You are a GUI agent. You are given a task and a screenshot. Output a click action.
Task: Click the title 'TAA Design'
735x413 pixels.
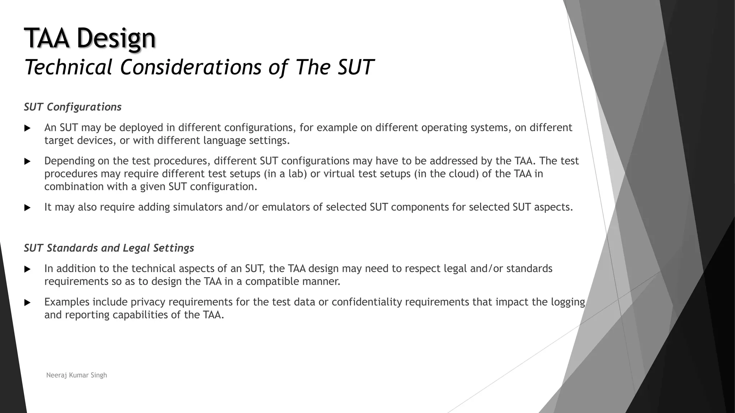[x=90, y=38]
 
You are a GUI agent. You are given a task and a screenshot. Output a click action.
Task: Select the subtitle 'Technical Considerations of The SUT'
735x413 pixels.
[x=199, y=67]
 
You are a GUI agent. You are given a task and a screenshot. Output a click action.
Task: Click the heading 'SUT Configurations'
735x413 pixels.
[x=72, y=107]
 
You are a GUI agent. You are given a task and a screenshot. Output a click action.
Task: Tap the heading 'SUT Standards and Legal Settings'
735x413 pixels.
[x=109, y=248]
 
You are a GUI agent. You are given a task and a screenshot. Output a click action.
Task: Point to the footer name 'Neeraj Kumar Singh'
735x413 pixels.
[x=76, y=375]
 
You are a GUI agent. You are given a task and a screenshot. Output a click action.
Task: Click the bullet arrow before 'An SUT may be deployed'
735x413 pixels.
[x=27, y=128]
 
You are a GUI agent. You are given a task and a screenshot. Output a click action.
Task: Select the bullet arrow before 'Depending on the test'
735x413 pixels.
[x=27, y=162]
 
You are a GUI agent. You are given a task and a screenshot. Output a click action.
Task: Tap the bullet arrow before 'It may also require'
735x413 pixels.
[x=27, y=208]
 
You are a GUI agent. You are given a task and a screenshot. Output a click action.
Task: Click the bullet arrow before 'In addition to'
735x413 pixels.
[x=27, y=269]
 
